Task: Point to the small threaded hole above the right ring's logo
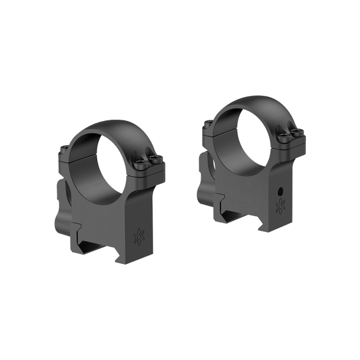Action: click(x=280, y=190)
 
